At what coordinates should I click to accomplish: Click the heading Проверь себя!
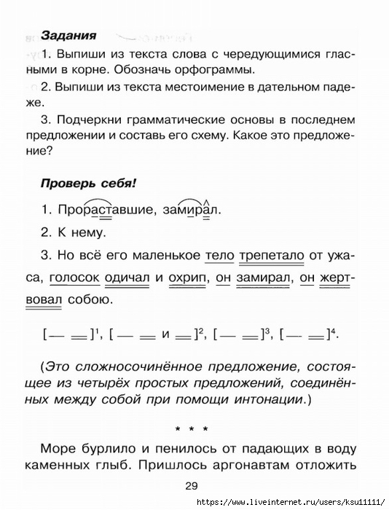pos(79,182)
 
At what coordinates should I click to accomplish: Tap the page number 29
pos(192,487)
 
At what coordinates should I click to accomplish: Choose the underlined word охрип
pos(189,278)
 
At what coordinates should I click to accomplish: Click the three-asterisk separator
pos(194,428)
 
